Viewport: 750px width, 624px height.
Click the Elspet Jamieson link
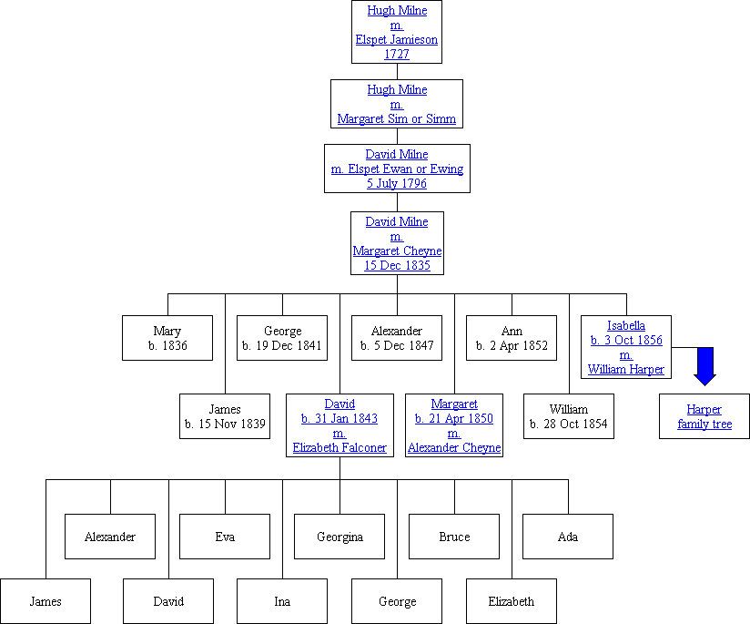point(396,39)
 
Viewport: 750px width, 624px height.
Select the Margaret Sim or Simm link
point(396,118)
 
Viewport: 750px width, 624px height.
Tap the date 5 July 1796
point(396,183)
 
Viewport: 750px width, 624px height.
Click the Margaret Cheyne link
point(397,251)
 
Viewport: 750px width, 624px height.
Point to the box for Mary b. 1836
point(167,338)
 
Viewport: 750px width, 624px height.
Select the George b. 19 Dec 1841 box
point(282,338)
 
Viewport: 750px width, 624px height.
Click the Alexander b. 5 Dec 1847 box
point(397,338)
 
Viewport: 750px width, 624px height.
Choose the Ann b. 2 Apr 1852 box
point(512,338)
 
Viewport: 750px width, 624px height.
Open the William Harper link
point(626,369)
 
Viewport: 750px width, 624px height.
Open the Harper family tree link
point(704,416)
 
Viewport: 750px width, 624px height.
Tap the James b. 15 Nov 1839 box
point(225,416)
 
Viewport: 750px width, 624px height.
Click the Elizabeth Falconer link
point(340,447)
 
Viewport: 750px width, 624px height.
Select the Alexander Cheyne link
point(454,447)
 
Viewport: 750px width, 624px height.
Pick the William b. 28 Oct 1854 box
point(569,416)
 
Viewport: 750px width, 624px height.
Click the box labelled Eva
point(225,537)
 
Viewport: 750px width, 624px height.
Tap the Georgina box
point(340,537)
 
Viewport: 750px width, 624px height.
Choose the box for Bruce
point(454,537)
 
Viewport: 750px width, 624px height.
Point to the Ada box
point(568,537)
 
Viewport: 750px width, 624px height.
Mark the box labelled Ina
point(282,601)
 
